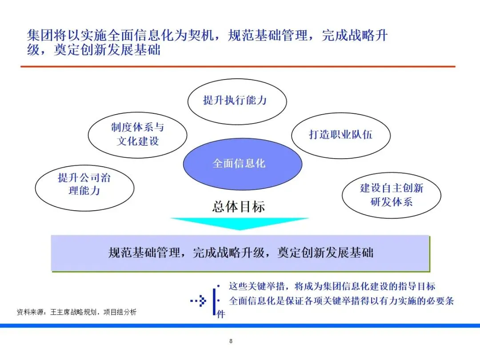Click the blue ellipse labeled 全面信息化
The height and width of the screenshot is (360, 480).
point(242,164)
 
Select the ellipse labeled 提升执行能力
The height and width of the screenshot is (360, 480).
point(236,100)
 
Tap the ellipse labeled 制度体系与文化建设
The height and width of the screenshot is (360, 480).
point(137,134)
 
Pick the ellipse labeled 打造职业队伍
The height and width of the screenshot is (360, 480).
point(340,135)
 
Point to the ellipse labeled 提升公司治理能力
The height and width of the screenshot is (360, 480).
point(84,184)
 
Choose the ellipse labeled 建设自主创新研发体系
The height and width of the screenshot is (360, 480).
point(391,195)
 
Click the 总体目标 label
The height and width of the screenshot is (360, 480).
point(239,207)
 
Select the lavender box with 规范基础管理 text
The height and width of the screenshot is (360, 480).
point(240,253)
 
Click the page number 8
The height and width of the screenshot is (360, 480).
point(231,341)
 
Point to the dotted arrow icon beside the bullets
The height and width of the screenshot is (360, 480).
point(199,301)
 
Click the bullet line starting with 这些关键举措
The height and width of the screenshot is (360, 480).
point(332,287)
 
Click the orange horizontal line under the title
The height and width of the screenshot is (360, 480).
point(238,67)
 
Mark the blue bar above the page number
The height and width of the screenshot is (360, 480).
point(240,326)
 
